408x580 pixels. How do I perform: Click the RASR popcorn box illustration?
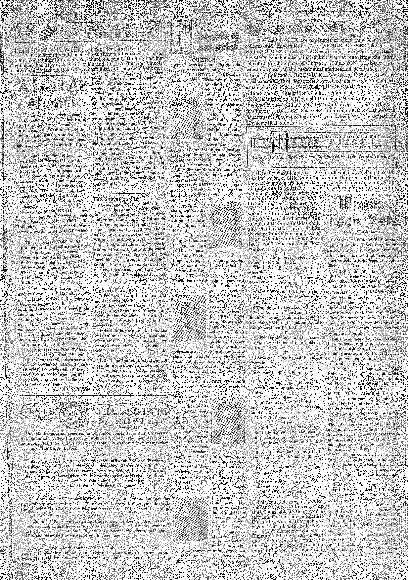click(26, 34)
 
